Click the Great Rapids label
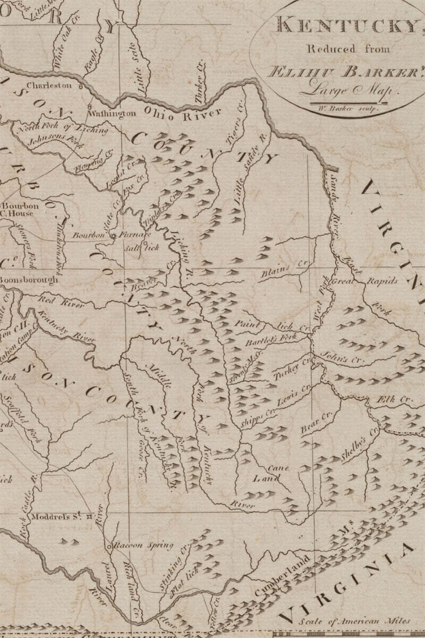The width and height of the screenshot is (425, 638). pyautogui.click(x=364, y=281)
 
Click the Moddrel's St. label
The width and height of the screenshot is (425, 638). pyautogui.click(x=56, y=516)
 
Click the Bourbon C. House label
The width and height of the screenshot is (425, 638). pyautogui.click(x=19, y=209)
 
